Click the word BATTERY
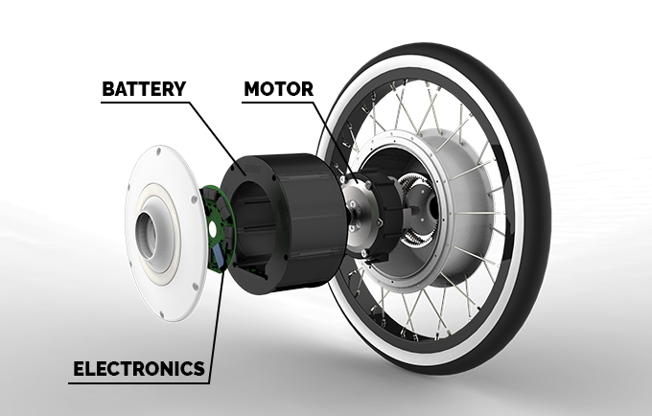[x=144, y=90]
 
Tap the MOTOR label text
[x=278, y=90]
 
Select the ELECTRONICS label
[x=136, y=367]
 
